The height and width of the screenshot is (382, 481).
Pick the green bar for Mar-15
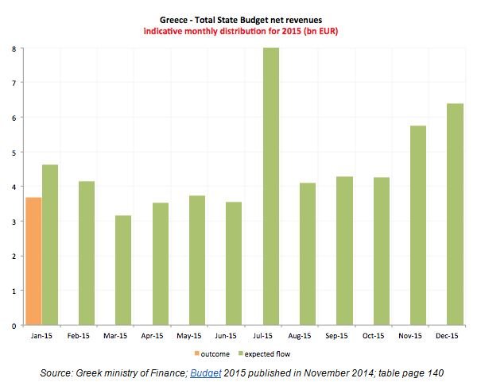coord(123,270)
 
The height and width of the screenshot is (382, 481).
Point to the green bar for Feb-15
coord(87,253)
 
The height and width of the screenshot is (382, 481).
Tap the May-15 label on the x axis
coord(195,337)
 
